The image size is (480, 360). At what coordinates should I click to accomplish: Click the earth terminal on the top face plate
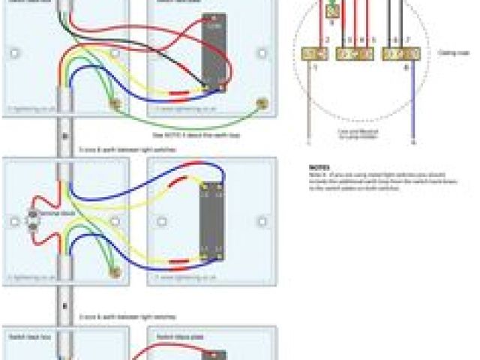(261, 103)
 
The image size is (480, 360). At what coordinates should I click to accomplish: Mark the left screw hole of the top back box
(15, 53)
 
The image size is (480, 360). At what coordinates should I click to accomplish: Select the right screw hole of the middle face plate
(262, 221)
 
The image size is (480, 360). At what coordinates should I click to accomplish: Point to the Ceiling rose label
(452, 53)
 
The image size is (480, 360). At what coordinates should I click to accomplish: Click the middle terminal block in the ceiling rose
(355, 53)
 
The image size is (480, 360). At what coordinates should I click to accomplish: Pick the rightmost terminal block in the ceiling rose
(396, 53)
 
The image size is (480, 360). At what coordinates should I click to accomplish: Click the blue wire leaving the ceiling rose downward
(412, 105)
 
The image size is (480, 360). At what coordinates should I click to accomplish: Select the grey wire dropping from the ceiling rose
(309, 105)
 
